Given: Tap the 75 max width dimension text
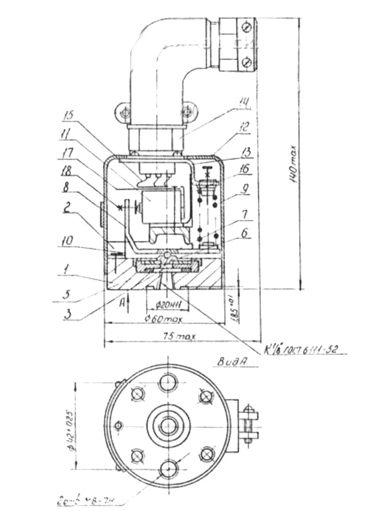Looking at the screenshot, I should pos(177,337).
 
